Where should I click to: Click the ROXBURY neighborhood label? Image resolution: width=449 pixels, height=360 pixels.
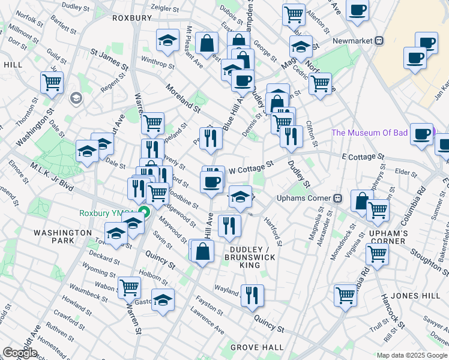click(132, 18)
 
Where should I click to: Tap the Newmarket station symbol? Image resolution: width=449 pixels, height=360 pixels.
click(379, 40)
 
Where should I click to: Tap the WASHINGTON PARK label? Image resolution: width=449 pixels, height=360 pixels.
click(62, 236)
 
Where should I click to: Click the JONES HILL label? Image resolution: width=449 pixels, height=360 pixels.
click(412, 296)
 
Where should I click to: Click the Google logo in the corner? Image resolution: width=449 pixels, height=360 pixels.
click(20, 353)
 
